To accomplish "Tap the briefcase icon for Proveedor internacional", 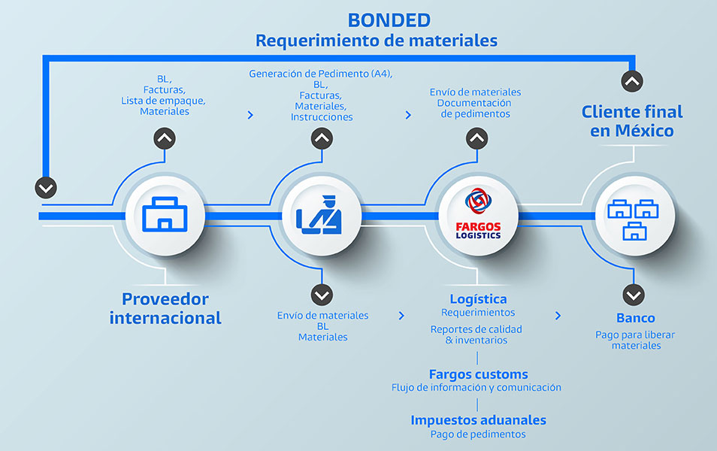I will pyautogui.click(x=165, y=215).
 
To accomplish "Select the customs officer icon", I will pyautogui.click(x=321, y=215).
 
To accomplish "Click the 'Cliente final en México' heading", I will pyautogui.click(x=632, y=121).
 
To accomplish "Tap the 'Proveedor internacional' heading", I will pyautogui.click(x=165, y=308).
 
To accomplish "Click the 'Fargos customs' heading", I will pyautogui.click(x=478, y=374).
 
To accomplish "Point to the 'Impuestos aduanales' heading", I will pyautogui.click(x=478, y=420).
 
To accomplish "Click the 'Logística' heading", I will pyautogui.click(x=478, y=299).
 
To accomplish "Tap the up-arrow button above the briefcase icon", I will pyautogui.click(x=165, y=138).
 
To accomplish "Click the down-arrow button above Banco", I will pyautogui.click(x=634, y=294).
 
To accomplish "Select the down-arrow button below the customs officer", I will pyautogui.click(x=322, y=294).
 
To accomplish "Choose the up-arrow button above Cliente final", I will pyautogui.click(x=633, y=80).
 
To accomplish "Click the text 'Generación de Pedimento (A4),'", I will pyautogui.click(x=321, y=74).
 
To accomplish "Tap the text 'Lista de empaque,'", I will pyautogui.click(x=163, y=100).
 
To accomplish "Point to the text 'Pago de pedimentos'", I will pyautogui.click(x=478, y=434).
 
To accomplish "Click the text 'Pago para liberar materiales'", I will pyautogui.click(x=635, y=340).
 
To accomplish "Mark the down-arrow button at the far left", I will pyautogui.click(x=46, y=187).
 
